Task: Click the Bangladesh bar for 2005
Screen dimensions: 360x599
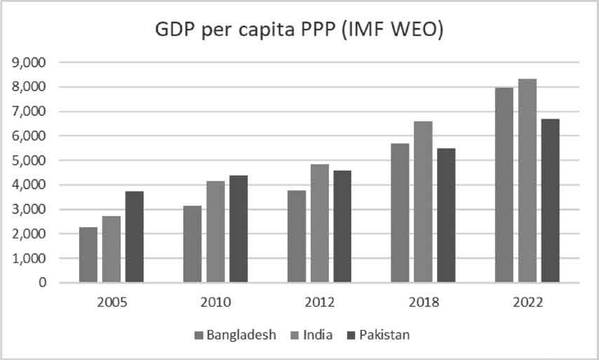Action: tap(88, 255)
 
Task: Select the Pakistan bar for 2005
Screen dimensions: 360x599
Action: tap(135, 236)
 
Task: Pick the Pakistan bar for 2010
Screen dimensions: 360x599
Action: tap(238, 229)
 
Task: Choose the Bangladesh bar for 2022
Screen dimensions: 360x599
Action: tap(504, 185)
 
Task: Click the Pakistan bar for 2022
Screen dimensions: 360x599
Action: tap(550, 201)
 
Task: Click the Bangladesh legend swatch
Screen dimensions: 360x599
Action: tap(198, 335)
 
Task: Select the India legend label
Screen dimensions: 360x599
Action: tap(318, 335)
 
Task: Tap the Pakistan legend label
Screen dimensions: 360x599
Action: tap(384, 335)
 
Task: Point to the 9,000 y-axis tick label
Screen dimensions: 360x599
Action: tap(29, 62)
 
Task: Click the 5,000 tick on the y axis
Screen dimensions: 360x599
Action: tap(29, 161)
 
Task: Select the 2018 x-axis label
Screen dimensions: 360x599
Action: tap(423, 302)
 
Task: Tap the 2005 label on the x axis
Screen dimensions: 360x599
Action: tap(112, 302)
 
